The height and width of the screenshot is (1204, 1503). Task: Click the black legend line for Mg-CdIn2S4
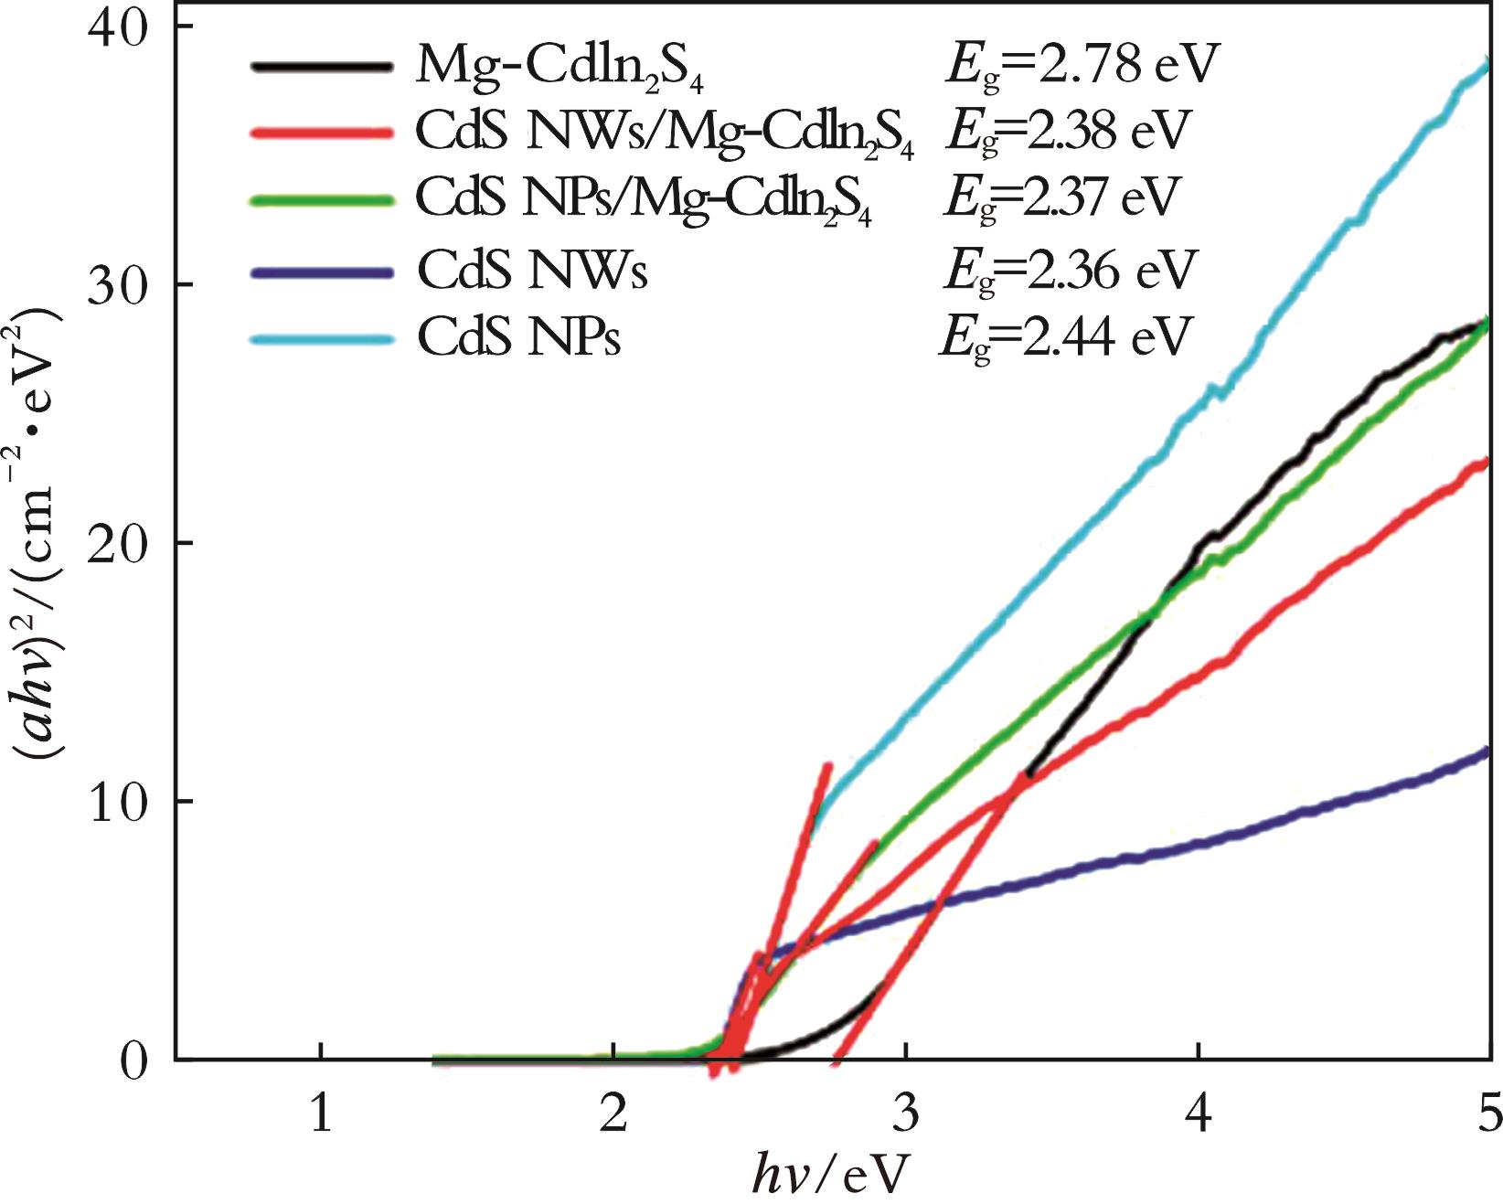coord(321,67)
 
